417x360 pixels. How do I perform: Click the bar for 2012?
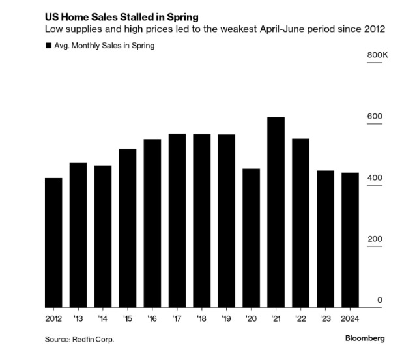pos(53,242)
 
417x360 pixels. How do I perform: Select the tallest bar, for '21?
pos(276,212)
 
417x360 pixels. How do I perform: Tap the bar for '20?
pos(251,237)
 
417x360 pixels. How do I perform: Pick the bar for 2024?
pos(351,239)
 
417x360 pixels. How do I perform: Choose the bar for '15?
pos(128,228)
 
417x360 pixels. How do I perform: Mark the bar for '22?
pos(300,222)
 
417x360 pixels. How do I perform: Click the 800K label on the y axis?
pos(377,55)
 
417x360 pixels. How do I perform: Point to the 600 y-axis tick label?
pos(374,117)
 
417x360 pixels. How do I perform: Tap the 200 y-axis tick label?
pos(374,239)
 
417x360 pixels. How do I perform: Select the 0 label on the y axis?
pos(379,301)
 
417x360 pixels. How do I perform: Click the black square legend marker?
pos(48,46)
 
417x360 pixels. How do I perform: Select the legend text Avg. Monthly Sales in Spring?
pos(104,46)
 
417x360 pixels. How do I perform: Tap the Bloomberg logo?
pos(365,338)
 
